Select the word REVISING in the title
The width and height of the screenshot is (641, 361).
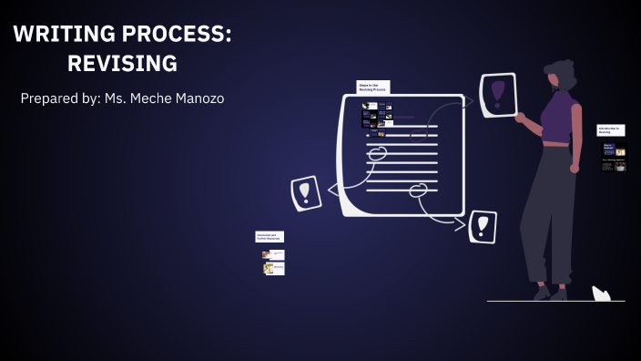coord(122,64)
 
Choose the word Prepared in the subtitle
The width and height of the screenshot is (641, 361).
coord(51,98)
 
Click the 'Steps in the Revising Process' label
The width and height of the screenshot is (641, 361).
coord(373,88)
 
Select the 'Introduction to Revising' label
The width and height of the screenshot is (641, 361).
coord(611,131)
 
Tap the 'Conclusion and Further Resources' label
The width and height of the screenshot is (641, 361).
coord(270,237)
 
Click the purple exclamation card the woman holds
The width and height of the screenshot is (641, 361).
coord(498,95)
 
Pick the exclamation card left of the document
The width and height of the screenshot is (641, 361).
coord(306,192)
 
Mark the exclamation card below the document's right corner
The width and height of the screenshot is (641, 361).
coord(482,226)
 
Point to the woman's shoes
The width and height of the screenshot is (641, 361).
coord(550,293)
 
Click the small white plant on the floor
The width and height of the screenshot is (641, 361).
coord(601,294)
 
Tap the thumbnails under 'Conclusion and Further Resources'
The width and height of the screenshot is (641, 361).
coord(273,262)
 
